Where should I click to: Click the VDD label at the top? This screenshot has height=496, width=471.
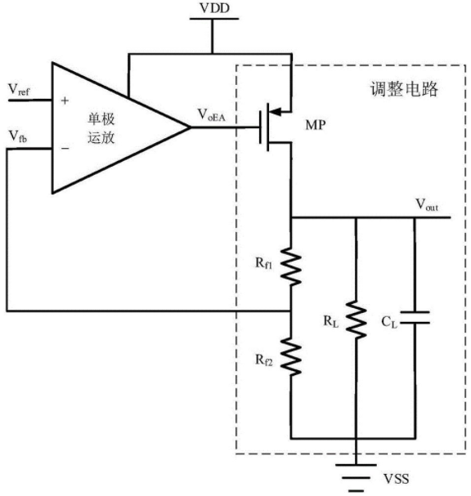214,8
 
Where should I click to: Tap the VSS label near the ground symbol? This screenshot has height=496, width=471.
396,479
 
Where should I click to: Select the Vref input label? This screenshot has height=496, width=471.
19,90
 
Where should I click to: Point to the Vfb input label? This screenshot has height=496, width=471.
18,136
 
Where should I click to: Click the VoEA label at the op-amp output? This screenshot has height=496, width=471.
211,115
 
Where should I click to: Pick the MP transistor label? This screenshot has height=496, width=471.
316,125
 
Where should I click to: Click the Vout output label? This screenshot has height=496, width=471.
427,204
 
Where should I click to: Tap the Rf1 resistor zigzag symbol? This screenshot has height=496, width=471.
291,267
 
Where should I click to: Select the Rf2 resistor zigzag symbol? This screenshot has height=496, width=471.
291,356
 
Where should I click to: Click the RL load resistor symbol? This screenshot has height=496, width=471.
356,319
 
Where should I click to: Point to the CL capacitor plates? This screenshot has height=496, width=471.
415,318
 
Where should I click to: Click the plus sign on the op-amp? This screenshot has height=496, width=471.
65,101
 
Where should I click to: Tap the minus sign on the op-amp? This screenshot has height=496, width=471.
65,148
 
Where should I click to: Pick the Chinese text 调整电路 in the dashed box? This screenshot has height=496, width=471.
404,89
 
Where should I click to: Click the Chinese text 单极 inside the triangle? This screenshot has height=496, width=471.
101,119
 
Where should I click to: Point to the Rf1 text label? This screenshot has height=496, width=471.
263,263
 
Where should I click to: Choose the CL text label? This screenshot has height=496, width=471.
389,322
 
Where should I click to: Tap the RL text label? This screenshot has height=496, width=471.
331,321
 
